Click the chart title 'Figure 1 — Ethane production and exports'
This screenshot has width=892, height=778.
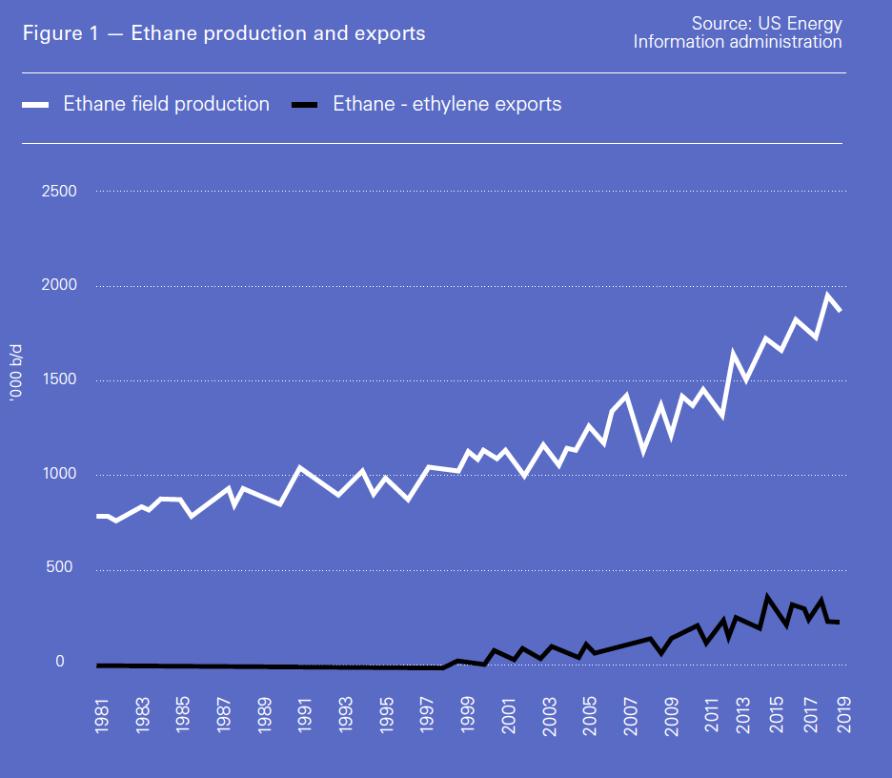coord(224,33)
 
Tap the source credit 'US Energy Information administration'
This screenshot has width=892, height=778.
coord(738,32)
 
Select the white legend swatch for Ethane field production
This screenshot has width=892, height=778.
coord(35,105)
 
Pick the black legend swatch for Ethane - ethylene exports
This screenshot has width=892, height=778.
coord(304,105)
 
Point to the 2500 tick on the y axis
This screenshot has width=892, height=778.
coord(59,192)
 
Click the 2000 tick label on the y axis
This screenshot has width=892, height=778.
coord(59,285)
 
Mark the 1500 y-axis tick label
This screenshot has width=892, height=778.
coord(59,379)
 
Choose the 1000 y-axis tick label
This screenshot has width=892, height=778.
coord(59,474)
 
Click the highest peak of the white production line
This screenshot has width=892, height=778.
coord(828,295)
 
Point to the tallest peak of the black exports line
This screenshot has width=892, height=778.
coord(767,599)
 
